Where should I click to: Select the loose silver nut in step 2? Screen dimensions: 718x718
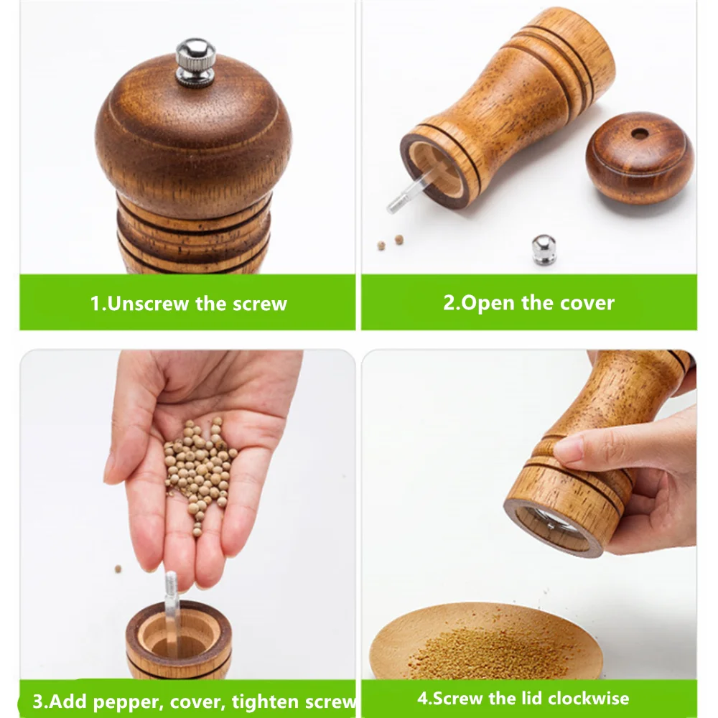544,250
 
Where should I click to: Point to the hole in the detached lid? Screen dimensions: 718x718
638,134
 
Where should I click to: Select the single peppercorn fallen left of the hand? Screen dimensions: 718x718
118,569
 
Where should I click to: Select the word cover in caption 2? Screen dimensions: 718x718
587,302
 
